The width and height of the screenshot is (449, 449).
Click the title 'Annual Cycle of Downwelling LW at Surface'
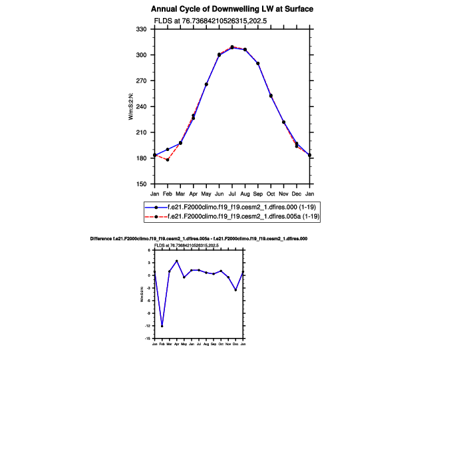pos(231,9)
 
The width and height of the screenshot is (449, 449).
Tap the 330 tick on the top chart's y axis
pos(141,29)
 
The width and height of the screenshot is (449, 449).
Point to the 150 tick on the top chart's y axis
pos(141,184)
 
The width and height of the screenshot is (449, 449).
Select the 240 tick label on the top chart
pos(141,106)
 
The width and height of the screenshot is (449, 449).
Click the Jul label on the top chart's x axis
pos(232,194)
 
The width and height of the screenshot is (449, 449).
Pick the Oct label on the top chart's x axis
pos(271,194)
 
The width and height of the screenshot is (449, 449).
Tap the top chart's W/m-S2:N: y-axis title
pos(131,107)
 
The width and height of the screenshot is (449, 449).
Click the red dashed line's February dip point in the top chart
pos(168,160)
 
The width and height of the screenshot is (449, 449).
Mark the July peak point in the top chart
pos(232,47)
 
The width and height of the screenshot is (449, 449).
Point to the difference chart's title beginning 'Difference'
pos(198,238)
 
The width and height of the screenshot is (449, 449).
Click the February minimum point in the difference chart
pos(162,326)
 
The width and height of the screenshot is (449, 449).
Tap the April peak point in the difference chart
pos(177,261)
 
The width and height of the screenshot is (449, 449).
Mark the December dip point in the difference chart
pos(235,290)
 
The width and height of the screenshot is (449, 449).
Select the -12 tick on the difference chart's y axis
pos(149,326)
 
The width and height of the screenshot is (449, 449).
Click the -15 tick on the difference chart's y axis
pos(149,339)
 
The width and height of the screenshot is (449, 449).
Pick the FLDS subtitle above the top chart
pos(210,21)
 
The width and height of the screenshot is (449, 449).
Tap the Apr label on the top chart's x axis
pos(194,194)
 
